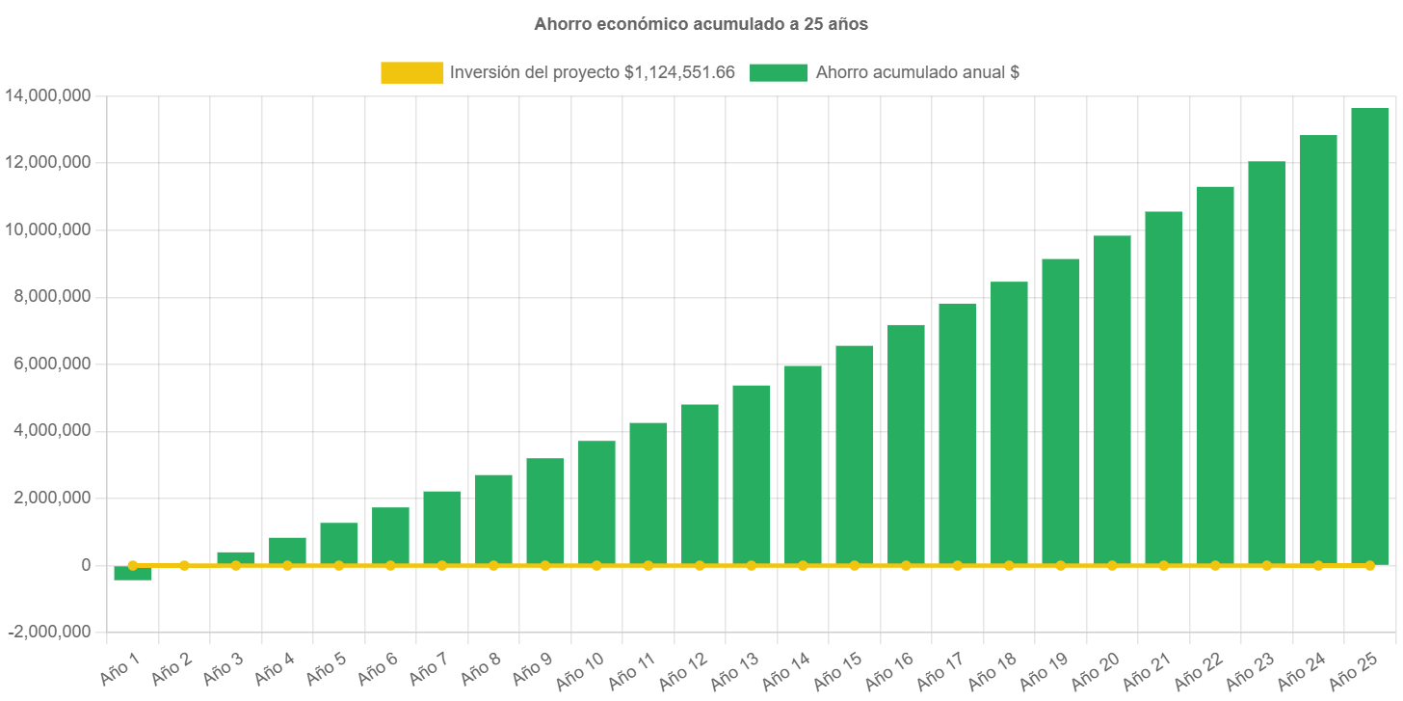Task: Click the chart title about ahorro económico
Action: point(701,25)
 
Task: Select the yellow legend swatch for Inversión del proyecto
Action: point(411,72)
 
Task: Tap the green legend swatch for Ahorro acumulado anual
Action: point(779,72)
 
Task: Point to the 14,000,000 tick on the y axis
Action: point(48,95)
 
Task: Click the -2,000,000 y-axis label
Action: point(48,632)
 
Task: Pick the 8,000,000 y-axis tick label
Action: point(48,296)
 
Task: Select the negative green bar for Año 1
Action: point(132,574)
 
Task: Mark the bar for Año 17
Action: point(957,434)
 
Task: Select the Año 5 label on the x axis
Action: point(326,667)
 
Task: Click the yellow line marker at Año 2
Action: point(184,565)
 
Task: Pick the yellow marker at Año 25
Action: point(1369,565)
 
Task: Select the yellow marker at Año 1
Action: point(132,565)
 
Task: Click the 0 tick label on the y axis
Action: point(85,565)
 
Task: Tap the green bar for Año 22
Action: point(1215,375)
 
